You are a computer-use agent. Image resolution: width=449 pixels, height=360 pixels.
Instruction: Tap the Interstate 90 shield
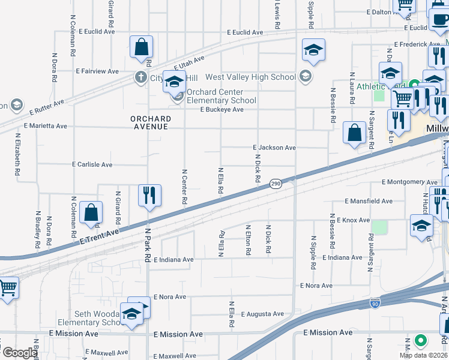pos(375,304)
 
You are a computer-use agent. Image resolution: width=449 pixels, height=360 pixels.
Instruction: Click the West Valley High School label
pos(250,77)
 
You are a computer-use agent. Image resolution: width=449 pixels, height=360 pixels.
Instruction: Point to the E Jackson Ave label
pos(274,147)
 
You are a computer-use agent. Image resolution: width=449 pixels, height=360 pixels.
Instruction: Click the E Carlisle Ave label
pos(92,164)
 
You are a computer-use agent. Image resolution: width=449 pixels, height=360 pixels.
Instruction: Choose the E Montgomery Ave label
pos(409,182)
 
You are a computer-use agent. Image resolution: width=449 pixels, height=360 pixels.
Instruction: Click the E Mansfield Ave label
pos(369,202)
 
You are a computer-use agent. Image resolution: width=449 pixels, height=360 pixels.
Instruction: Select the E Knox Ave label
pos(353,220)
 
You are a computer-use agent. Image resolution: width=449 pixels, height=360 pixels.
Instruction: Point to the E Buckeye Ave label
pos(221,110)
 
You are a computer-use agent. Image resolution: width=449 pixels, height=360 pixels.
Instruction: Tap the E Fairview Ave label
pos(97,71)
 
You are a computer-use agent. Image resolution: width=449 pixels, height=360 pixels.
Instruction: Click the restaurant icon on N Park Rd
pos(149,195)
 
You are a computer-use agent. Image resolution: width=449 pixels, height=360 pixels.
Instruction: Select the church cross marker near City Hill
pos(140,77)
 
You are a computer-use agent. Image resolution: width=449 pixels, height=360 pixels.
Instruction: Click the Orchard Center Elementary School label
pos(221,97)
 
